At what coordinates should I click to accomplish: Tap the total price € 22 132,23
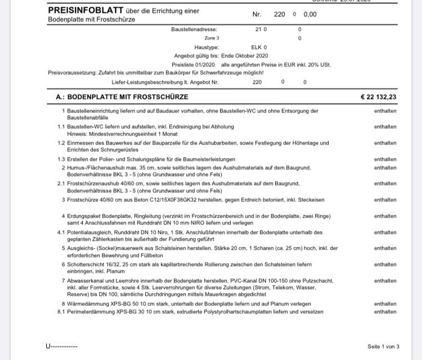click(x=378, y=97)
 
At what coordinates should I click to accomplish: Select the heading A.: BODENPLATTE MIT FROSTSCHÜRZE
click(x=122, y=97)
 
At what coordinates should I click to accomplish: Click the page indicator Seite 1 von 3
click(x=383, y=346)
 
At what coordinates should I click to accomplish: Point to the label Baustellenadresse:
click(x=194, y=29)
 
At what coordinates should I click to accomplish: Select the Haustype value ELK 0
click(x=259, y=48)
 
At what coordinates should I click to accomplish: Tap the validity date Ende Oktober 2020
click(x=245, y=56)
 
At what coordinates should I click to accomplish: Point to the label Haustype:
click(x=206, y=48)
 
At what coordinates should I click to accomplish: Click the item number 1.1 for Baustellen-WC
click(x=61, y=127)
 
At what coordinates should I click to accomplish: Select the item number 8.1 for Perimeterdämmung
click(x=61, y=312)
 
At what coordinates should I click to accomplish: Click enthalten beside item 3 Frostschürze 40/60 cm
click(x=385, y=200)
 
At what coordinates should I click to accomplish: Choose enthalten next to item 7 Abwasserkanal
click(x=385, y=281)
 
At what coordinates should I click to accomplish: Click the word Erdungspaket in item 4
click(x=83, y=216)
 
